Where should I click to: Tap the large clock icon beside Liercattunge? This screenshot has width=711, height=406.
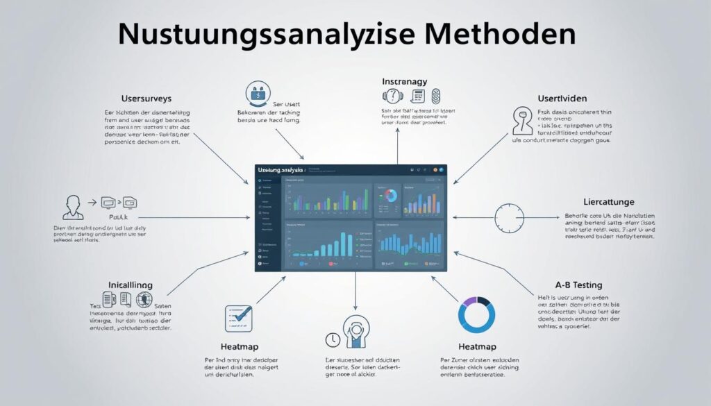510,218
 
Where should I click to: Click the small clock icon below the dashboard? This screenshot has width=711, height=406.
331,340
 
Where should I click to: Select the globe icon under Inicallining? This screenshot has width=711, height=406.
144,301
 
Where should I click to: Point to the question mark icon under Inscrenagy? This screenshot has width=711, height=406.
393,97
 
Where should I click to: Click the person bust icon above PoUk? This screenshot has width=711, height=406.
73,206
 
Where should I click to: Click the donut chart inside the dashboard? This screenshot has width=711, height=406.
390,196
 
